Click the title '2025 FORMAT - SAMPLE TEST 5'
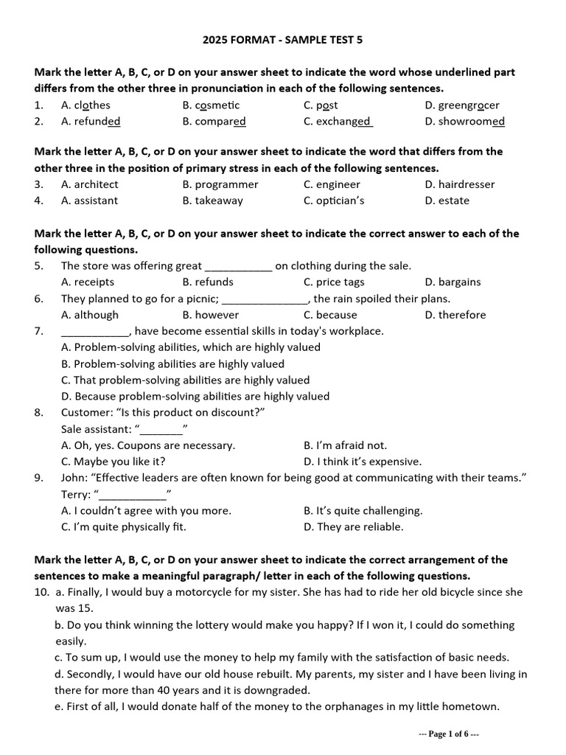click(x=283, y=40)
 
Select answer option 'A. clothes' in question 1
click(x=85, y=105)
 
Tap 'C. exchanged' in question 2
click(x=338, y=122)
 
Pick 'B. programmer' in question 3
click(x=220, y=184)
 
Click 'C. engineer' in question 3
click(x=332, y=184)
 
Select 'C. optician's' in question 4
click(x=334, y=201)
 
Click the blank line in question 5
click(x=237, y=266)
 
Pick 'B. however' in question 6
click(x=210, y=315)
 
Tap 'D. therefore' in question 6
click(x=455, y=315)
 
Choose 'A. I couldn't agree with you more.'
click(x=146, y=510)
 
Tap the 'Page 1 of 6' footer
click(x=449, y=734)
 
